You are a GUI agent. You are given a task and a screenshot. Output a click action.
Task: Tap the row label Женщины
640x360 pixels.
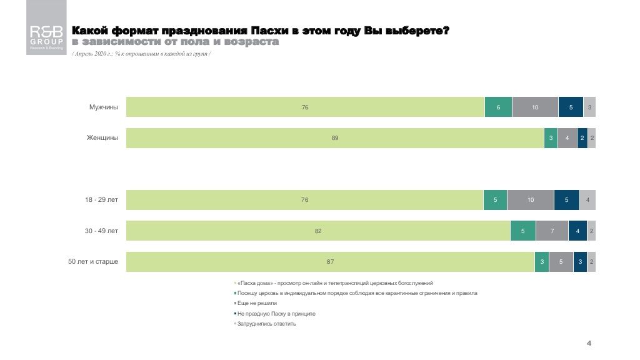tap(102, 138)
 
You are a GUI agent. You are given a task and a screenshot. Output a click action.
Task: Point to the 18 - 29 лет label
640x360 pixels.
tap(102, 200)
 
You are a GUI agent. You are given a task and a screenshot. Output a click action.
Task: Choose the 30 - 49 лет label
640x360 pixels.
tap(102, 231)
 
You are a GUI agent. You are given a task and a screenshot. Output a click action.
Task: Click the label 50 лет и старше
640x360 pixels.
tap(93, 261)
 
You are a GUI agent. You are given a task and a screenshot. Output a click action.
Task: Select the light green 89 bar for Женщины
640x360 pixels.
tap(335, 138)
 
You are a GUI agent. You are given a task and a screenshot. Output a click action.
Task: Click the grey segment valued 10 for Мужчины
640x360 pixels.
tap(535, 107)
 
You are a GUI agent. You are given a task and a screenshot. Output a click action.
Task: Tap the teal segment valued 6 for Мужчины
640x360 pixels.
tap(498, 107)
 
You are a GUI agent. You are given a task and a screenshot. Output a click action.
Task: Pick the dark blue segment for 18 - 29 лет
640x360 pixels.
tap(566, 200)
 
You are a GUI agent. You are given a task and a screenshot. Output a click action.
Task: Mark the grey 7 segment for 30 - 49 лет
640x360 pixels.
tap(552, 231)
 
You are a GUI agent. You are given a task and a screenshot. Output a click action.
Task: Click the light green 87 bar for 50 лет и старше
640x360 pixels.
tap(330, 261)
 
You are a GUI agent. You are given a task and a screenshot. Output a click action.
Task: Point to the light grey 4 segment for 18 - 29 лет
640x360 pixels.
tap(587, 200)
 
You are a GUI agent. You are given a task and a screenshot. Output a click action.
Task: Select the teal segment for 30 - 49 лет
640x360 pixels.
tap(522, 231)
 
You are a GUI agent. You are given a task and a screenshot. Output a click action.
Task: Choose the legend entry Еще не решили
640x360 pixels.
tap(257, 303)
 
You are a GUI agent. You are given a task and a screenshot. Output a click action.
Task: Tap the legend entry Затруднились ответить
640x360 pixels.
tap(266, 324)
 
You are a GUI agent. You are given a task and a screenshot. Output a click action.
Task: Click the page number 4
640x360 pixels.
tap(589, 343)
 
